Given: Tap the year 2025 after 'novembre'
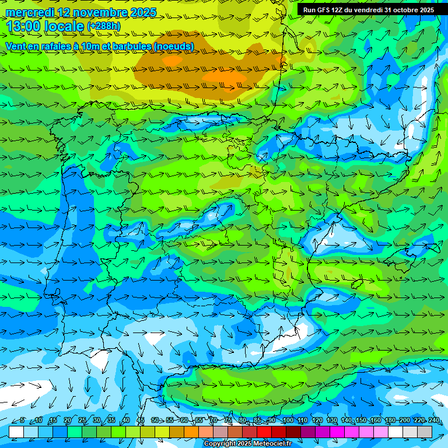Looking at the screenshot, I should [x=141, y=12].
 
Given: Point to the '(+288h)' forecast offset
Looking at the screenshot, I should [x=104, y=26].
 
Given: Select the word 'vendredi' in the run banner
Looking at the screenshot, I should [x=367, y=10].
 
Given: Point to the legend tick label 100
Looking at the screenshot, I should [x=288, y=421].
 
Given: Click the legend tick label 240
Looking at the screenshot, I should [x=434, y=421].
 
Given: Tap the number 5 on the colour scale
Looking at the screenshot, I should [x=22, y=421].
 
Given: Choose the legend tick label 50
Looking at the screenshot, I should [x=155, y=421].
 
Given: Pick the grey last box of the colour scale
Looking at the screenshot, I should [x=425, y=432].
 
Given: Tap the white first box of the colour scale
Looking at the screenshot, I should [x=16, y=432].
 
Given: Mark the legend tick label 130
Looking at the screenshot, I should [x=332, y=421].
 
